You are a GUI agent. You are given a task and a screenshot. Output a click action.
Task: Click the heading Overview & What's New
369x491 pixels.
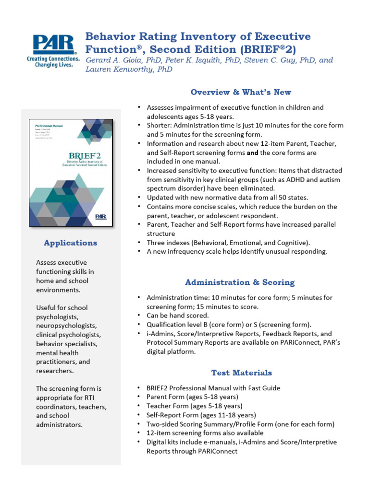(240, 92)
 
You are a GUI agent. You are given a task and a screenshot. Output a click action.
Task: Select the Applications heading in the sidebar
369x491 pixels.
(70, 243)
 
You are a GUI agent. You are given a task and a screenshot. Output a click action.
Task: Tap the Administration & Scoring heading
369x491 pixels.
(240, 282)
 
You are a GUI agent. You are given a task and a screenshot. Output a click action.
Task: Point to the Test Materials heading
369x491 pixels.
(241, 373)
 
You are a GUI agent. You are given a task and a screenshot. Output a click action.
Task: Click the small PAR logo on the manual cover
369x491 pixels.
(101, 216)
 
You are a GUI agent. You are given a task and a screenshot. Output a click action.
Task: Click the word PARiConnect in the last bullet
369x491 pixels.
(216, 451)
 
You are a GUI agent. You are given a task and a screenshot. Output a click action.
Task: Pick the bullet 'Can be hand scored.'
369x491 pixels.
(177, 316)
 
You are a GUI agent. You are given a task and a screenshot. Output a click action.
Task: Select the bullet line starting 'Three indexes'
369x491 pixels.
(228, 243)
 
